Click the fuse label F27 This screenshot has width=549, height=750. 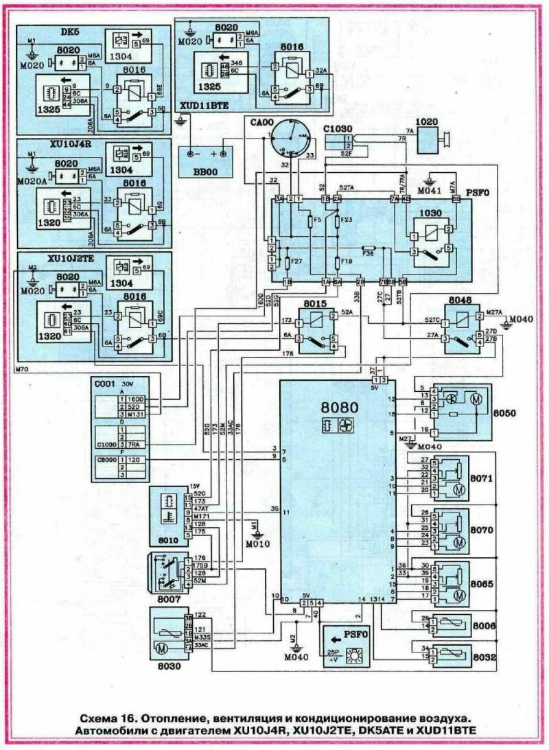point(296,261)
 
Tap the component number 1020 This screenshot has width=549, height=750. point(428,122)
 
